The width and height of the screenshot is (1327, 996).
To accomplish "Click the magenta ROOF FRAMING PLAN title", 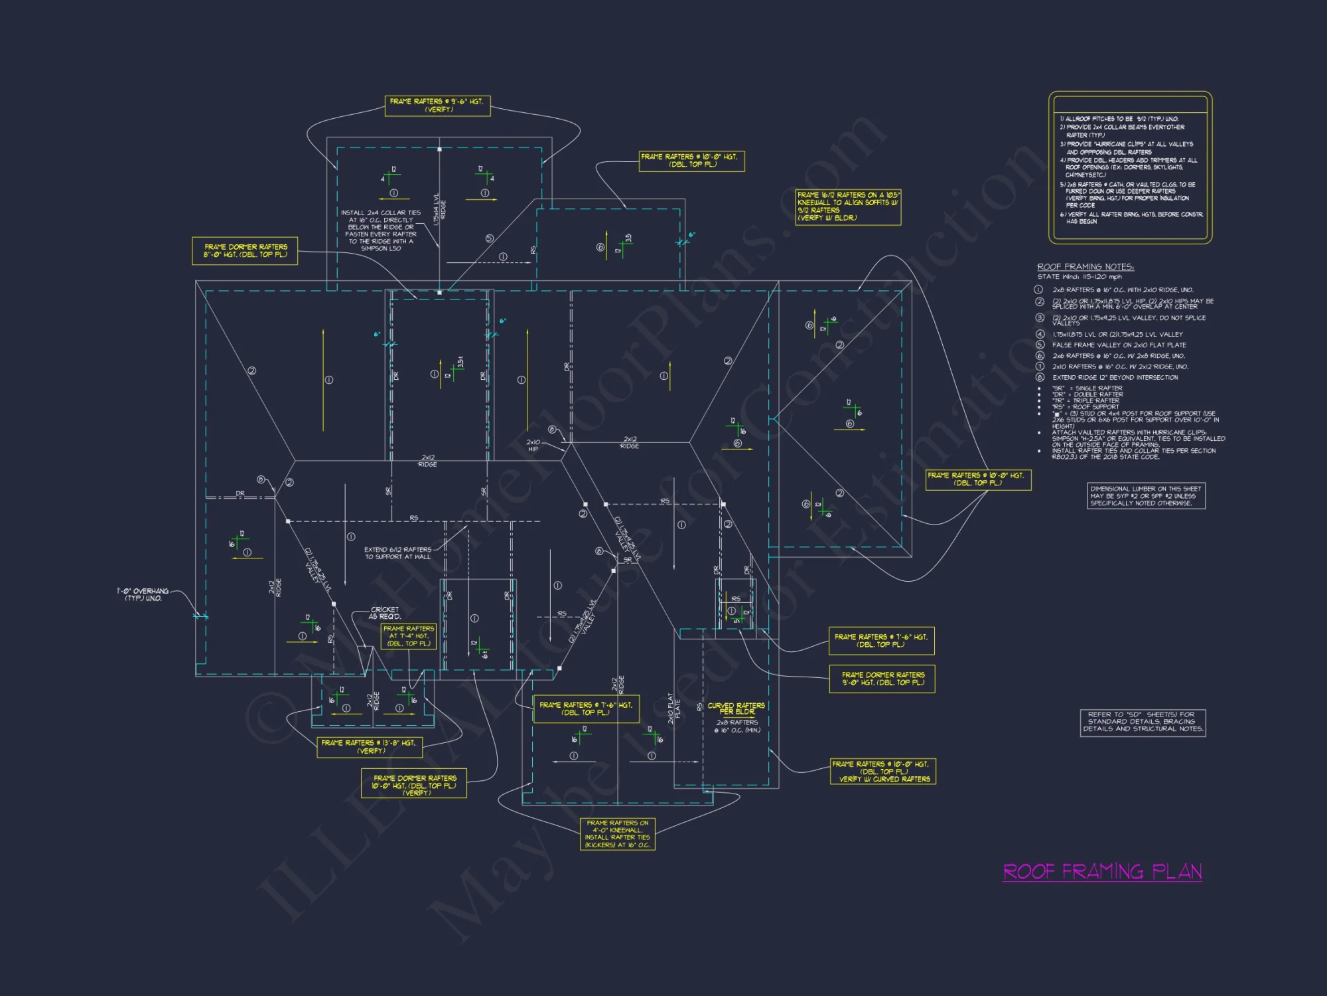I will point(1102,872).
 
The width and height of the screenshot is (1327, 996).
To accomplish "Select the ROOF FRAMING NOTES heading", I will point(1085,267).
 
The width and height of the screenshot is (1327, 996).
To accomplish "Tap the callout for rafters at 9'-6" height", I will point(437,106).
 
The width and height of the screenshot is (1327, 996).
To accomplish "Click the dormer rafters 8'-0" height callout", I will point(245,251).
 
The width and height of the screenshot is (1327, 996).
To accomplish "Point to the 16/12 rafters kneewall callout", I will point(848,207).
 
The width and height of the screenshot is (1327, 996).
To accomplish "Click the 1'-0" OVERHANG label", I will point(143,594).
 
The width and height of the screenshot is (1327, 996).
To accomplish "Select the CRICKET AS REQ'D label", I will point(385,613).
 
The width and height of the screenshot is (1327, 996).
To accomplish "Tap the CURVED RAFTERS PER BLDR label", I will point(736,708).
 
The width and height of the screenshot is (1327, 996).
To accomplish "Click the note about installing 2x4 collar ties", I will point(381,230).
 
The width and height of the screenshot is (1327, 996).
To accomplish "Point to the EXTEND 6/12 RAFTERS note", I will point(397,553).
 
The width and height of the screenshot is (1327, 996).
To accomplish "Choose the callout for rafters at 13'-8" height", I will point(369,747).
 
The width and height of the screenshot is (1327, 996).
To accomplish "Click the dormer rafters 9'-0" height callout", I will point(882,679).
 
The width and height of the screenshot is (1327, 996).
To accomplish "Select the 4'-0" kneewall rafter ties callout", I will point(617,834).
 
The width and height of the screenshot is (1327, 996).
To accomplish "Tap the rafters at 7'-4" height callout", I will point(409,636).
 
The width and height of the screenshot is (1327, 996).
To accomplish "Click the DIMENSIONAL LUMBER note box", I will point(1146,496).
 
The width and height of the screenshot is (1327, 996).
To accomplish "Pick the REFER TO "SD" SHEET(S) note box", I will point(1142,722).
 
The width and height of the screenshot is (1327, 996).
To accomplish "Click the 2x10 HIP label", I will point(533,446).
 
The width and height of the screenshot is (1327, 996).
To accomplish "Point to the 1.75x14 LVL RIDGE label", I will point(440,210).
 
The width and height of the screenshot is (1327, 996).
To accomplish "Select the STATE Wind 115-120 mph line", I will point(1080,277).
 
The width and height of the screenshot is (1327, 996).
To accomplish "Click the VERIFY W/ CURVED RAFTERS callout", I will point(883,772).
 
